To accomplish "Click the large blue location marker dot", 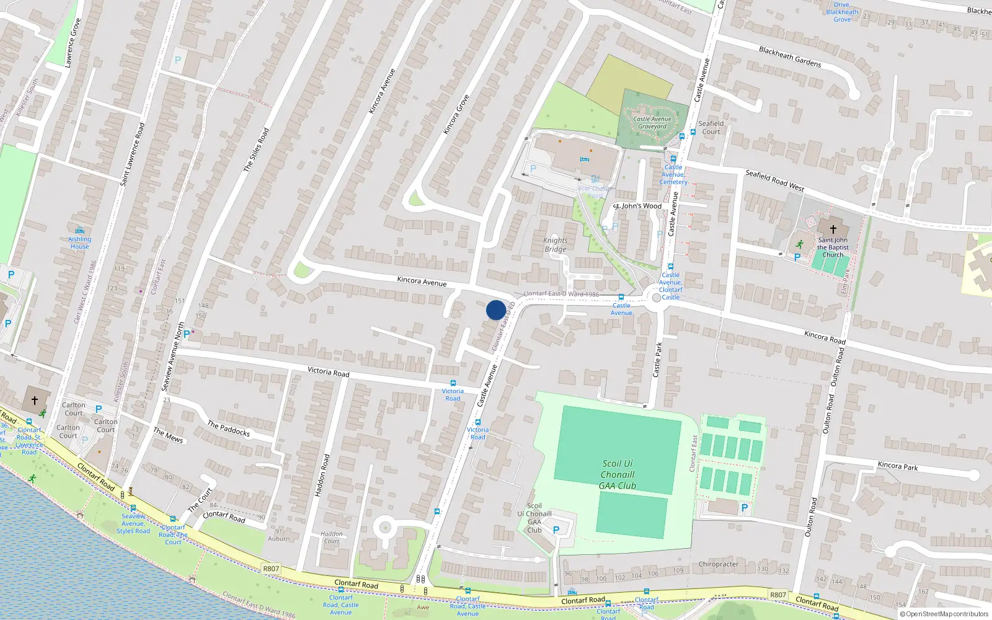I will [495, 310].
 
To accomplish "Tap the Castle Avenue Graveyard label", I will [652, 123].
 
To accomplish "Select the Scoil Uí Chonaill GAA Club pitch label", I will [618, 474].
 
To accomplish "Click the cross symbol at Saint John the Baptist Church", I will [833, 229].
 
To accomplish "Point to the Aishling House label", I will [79, 242].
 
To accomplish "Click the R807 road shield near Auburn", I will [271, 569].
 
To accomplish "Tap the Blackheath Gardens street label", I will [790, 56].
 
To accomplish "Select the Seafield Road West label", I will [774, 180].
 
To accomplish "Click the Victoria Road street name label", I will [329, 371].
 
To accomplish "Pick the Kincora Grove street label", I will [456, 115].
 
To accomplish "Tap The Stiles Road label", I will [256, 149].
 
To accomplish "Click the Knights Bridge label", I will [555, 245].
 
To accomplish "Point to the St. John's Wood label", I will [637, 206].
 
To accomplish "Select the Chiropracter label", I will [719, 564].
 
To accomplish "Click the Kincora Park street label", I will [897, 466].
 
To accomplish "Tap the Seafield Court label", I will [711, 127].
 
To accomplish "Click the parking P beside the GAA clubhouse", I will [556, 530].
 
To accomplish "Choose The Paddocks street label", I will [228, 428].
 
